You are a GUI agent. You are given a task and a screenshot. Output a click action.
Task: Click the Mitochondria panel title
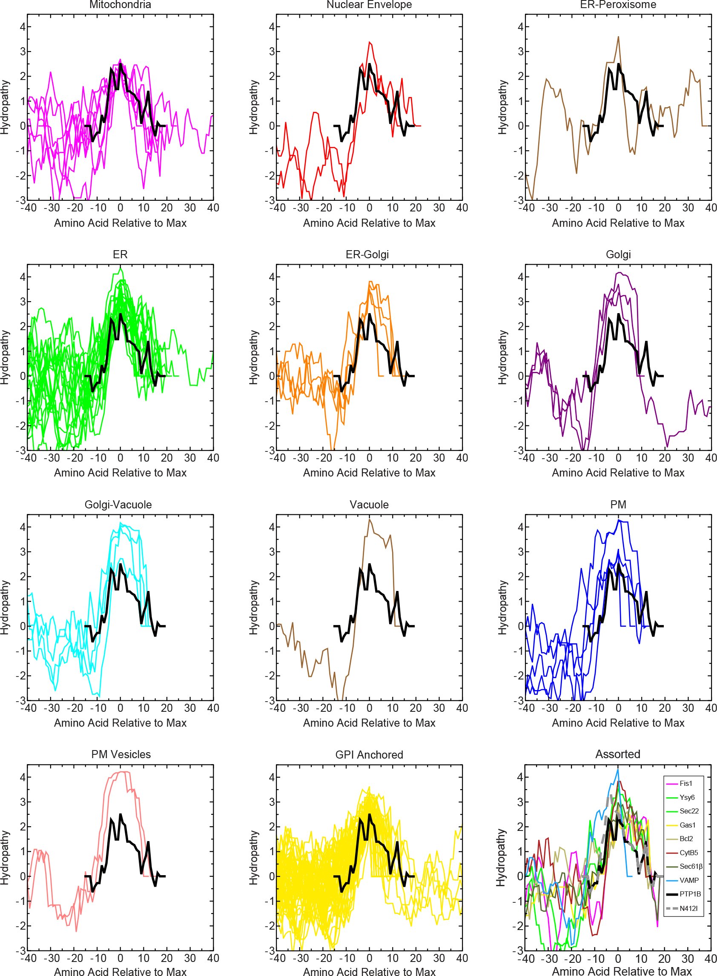[x=120, y=5]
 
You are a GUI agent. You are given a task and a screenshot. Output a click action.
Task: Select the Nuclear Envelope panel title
[x=369, y=5]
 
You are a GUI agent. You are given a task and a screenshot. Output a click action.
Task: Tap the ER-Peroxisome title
[x=618, y=5]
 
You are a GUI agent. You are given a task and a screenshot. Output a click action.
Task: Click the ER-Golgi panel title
[x=367, y=254]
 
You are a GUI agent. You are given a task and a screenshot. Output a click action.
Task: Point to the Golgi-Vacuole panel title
[x=118, y=505]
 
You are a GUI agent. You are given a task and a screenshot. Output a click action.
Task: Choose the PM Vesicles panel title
[x=121, y=754]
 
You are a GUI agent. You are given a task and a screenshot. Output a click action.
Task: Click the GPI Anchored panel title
[x=369, y=755]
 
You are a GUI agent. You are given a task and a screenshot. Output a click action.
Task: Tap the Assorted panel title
[x=618, y=754]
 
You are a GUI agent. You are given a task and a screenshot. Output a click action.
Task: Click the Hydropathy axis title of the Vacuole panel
[x=253, y=608]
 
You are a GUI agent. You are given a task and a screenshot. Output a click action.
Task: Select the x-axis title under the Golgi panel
[x=618, y=473]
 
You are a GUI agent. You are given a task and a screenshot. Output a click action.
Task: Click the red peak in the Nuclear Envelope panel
[x=369, y=42]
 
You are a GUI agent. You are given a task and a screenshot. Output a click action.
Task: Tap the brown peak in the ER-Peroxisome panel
[x=618, y=37]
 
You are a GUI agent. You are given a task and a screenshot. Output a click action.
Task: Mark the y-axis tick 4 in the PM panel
[x=521, y=527]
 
